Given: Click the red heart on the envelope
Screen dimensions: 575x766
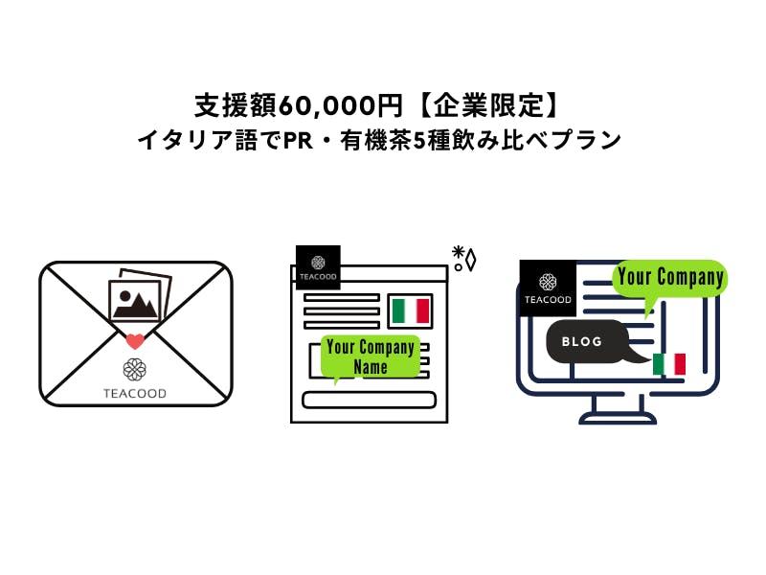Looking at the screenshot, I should point(136,340).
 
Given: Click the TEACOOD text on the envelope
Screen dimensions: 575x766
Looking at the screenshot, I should point(135,393).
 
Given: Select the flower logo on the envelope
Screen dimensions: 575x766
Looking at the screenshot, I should point(135,370).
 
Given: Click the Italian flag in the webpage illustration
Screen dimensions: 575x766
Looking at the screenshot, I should point(411,310).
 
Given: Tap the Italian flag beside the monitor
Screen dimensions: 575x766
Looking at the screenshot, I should point(669,364).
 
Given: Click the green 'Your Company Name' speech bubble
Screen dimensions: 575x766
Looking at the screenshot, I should point(371,356).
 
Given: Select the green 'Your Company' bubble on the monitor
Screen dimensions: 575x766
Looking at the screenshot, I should point(669,278).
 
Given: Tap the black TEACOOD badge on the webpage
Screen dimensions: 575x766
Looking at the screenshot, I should point(318,267).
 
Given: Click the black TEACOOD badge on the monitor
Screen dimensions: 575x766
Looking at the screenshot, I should point(548,287).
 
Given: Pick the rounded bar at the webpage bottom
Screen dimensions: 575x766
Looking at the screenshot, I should point(369,400).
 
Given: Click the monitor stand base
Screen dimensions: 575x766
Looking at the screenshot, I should point(618,419).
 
